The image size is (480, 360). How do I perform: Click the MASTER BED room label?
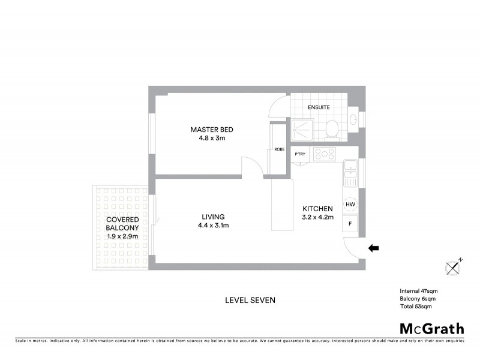tap(212, 130)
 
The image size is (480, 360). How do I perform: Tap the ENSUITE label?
tap(319, 107)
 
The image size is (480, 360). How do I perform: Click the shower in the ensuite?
tap(304, 128)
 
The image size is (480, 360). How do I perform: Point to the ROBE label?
tap(279, 149)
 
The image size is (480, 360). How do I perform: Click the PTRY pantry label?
tap(301, 154)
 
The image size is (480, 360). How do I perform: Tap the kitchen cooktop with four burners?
tap(325, 154)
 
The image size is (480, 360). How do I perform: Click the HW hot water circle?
tap(350, 205)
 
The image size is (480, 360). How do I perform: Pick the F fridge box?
tap(350, 224)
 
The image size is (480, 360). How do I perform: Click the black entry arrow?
tap(373, 247)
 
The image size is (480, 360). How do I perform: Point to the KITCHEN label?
tap(317, 208)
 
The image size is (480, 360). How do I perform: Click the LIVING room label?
tap(213, 217)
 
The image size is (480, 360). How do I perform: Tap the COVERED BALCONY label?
tap(122, 224)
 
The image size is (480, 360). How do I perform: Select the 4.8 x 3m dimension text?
tap(212, 138)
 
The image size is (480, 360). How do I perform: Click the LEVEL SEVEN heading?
tap(250, 300)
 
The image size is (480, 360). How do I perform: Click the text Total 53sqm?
tap(415, 307)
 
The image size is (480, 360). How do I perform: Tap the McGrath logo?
tap(432, 328)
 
